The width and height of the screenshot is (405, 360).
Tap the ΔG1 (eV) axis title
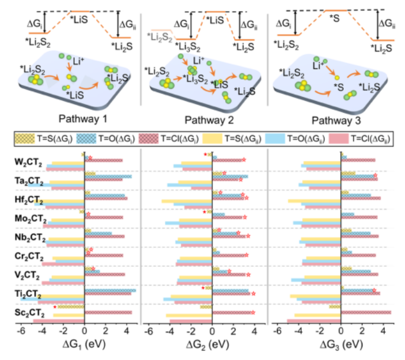[x=84, y=344]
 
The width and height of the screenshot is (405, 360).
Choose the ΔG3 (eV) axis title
[x=340, y=344]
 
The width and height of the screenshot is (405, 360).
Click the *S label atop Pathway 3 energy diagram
[x=334, y=18]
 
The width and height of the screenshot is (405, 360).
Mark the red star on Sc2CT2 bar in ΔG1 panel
[x=54, y=307]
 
